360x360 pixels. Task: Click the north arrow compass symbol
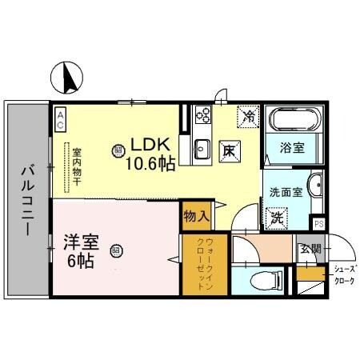[x=66, y=78]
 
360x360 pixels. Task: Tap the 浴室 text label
[x=293, y=148]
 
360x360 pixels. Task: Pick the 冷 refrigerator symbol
[x=249, y=117]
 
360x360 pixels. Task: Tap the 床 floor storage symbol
[x=229, y=149]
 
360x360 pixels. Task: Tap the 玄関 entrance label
[x=309, y=249]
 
